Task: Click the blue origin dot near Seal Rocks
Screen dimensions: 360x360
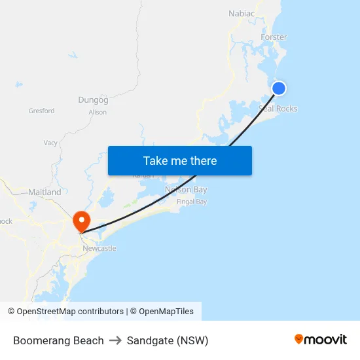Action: click(279, 88)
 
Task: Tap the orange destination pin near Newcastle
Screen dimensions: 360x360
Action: click(82, 221)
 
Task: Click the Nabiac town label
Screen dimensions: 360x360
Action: click(242, 13)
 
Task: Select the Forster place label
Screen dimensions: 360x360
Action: click(274, 37)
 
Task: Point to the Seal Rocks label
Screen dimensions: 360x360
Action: click(278, 109)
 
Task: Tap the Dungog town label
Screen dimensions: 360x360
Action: click(93, 100)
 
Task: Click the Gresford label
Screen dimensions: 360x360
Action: click(41, 111)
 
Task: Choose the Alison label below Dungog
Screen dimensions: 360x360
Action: click(98, 113)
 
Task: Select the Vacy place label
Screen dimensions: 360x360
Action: click(50, 143)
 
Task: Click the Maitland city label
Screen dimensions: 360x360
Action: click(45, 192)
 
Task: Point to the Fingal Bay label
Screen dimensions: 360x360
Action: click(192, 202)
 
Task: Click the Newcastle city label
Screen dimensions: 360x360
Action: click(99, 249)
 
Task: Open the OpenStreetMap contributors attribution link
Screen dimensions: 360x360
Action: click(70, 312)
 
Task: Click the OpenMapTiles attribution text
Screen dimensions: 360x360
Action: click(166, 312)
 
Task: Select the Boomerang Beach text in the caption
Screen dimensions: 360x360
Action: click(58, 340)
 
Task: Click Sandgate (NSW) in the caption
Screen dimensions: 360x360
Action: click(168, 340)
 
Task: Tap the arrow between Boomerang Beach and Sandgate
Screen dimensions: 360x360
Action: click(115, 340)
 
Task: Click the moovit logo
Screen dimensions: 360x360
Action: click(321, 340)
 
